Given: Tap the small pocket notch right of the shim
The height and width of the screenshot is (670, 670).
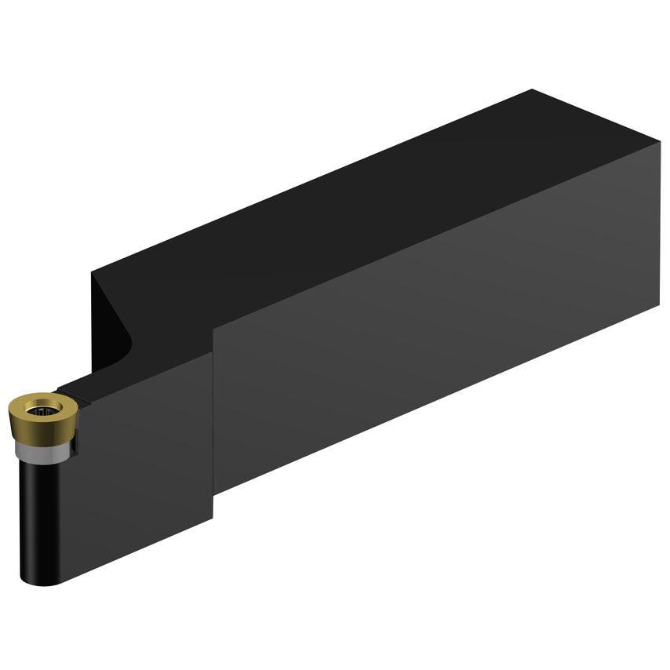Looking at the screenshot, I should [75, 444].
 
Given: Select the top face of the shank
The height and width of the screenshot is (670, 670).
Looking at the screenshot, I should [353, 196].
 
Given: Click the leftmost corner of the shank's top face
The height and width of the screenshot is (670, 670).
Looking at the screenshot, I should [92, 272].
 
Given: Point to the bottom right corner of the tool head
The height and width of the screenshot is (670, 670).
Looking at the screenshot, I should [213, 519].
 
